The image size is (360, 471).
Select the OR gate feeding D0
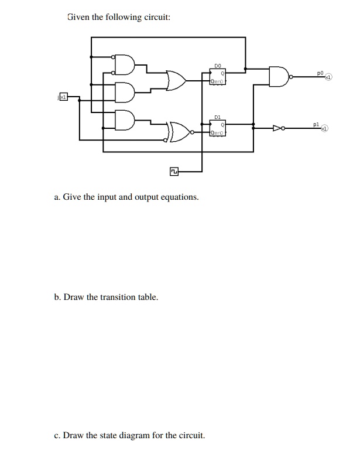(176, 81)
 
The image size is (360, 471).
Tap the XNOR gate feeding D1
(180, 132)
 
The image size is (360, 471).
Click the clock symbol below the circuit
(174, 172)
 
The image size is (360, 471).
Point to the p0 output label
(319, 73)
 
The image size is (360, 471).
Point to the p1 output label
(316, 124)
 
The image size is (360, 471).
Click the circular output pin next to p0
(329, 77)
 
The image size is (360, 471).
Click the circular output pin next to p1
(324, 128)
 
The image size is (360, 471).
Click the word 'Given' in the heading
(78, 17)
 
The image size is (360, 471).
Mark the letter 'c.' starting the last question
(56, 435)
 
